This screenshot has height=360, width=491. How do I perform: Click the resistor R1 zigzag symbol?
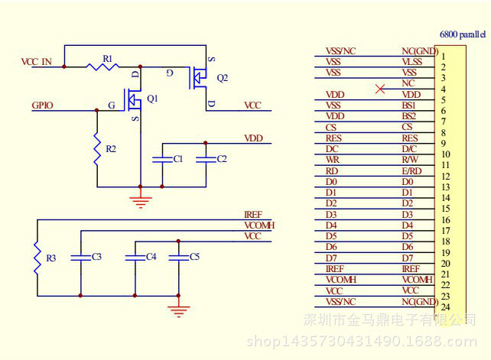click(102, 66)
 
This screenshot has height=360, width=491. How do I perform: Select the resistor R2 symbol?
click(97, 149)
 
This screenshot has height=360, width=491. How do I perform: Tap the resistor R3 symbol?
click(37, 258)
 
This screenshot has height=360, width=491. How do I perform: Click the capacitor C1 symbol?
click(162, 159)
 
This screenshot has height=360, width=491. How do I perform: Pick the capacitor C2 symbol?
click(206, 159)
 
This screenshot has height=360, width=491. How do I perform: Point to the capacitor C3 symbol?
click(80, 258)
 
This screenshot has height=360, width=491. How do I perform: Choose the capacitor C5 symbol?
click(178, 258)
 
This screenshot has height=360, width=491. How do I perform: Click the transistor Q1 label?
click(152, 99)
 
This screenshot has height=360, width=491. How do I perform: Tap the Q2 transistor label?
click(223, 78)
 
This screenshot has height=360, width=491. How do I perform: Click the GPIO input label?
click(42, 105)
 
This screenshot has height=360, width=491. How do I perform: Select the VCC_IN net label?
click(36, 62)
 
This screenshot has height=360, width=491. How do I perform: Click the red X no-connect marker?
click(380, 89)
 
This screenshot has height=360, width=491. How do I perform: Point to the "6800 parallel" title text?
click(463, 34)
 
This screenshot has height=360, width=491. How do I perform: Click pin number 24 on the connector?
click(445, 307)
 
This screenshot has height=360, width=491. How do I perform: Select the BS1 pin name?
click(408, 105)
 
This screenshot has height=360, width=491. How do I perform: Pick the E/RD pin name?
click(411, 171)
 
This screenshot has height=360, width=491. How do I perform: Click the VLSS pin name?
click(412, 62)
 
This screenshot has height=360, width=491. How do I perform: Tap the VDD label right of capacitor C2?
click(253, 138)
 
